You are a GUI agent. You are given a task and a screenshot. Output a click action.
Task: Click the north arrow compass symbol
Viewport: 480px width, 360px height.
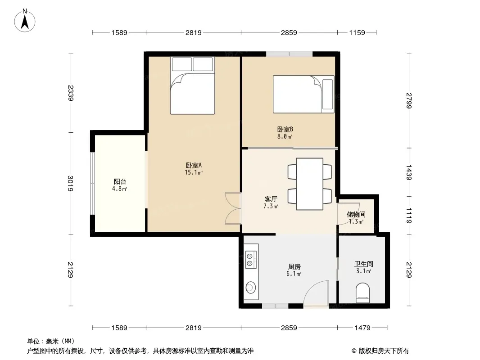point(25,21)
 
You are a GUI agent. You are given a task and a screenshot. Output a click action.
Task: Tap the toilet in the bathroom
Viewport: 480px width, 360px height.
point(363,293)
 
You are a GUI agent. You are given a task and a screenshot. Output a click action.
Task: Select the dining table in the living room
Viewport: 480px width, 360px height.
point(309,184)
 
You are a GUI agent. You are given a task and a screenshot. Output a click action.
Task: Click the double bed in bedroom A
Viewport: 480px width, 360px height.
point(193,85)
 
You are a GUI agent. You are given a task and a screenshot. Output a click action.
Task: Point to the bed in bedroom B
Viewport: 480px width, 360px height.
point(303,94)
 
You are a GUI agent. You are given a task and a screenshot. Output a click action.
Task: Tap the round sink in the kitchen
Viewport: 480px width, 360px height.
point(251,287)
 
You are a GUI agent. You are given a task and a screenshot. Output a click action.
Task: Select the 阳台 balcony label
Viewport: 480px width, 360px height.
point(120,182)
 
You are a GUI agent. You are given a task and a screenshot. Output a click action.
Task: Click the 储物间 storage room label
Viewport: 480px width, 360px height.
point(356,214)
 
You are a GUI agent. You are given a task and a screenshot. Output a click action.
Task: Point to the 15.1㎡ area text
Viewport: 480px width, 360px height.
point(194,172)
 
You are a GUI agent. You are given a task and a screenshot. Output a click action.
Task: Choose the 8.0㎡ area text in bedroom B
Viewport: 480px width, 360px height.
point(285,137)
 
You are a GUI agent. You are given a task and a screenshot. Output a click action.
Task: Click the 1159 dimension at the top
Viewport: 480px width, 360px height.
point(357,32)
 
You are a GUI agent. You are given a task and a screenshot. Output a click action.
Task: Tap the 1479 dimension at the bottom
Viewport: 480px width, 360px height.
point(362,328)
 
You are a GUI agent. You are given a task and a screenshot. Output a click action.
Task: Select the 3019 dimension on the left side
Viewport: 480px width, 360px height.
point(71,183)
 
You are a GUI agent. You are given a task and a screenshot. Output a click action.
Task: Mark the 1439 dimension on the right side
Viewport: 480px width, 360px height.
point(409,172)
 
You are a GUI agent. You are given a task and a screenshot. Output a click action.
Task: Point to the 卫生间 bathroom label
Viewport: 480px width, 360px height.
point(364,264)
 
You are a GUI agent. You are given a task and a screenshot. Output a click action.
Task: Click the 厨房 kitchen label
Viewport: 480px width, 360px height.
point(294,267)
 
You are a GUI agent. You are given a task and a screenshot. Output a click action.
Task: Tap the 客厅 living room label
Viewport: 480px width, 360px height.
point(271,199)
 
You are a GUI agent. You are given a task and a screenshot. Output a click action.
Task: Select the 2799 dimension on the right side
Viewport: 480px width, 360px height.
point(409,100)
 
